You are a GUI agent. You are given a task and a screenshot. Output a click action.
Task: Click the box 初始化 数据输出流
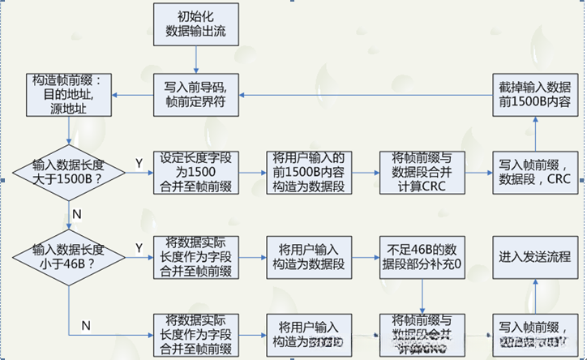tap(195, 25)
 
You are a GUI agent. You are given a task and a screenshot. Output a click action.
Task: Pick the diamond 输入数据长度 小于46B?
tap(68, 255)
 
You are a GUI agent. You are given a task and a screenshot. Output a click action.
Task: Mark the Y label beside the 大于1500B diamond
tap(139, 163)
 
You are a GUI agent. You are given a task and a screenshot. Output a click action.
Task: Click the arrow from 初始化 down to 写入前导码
tap(195, 59)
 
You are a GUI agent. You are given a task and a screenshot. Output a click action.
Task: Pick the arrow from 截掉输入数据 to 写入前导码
tap(365, 94)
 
